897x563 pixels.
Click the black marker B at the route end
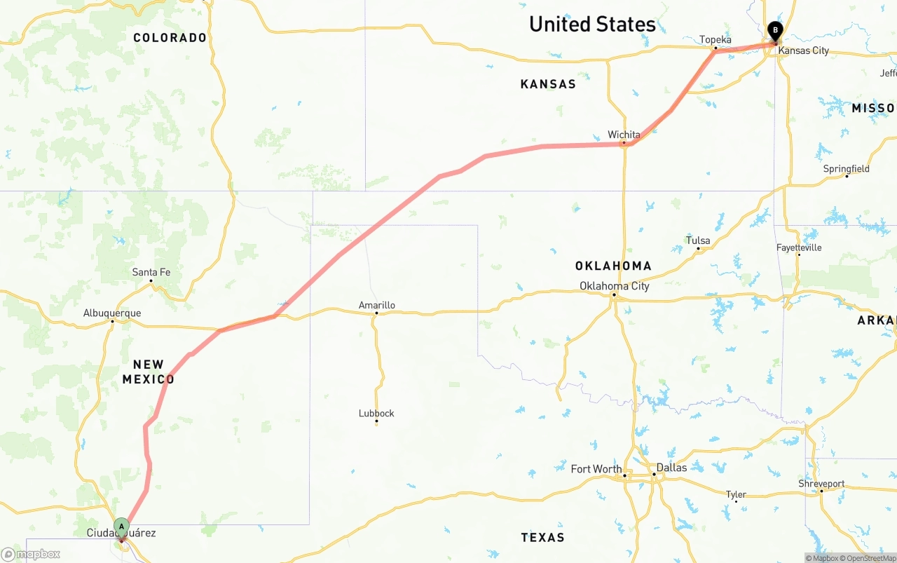coord(775,30)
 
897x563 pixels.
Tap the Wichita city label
coord(624,135)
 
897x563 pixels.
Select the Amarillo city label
coord(377,305)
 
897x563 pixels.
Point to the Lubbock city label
coord(376,413)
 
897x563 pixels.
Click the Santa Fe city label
coord(151,272)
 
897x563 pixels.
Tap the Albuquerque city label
coord(112,313)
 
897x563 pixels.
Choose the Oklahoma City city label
coord(614,286)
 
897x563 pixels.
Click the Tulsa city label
coord(698,240)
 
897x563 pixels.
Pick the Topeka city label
coord(715,39)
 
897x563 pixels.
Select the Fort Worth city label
coord(596,469)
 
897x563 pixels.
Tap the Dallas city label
coord(671,468)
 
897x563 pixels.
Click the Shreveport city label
coord(821,484)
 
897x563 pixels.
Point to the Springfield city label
coord(846,169)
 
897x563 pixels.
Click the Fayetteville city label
coord(799,247)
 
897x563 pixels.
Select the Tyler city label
coord(736,494)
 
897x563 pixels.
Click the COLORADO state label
coord(170,38)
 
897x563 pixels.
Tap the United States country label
coord(592,25)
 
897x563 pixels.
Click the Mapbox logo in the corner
coord(30,555)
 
